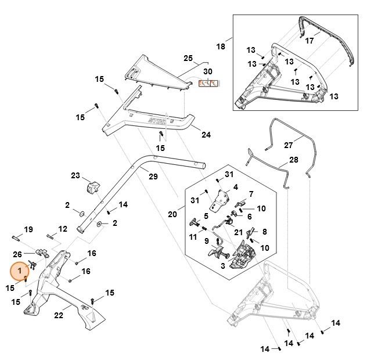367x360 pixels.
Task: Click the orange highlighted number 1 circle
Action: click(x=20, y=271)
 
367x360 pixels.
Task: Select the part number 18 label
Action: click(x=221, y=46)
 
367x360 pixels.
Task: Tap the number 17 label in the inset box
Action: click(x=310, y=41)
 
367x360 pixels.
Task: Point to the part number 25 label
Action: click(x=188, y=58)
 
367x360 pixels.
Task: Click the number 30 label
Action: click(x=208, y=72)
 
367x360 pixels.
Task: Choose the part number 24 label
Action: click(x=189, y=135)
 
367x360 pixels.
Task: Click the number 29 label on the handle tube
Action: click(x=153, y=176)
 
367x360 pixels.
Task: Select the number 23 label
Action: click(x=75, y=175)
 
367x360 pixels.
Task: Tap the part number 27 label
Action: click(x=289, y=145)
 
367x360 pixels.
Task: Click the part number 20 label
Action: click(x=172, y=214)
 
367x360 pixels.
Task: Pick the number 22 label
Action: click(x=59, y=315)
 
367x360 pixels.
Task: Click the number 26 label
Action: click(x=17, y=254)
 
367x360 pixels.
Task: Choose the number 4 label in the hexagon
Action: click(x=236, y=188)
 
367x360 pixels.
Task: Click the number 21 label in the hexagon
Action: click(x=221, y=232)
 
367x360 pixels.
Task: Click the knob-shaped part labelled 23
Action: click(x=92, y=188)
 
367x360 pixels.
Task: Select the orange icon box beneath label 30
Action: click(x=208, y=84)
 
